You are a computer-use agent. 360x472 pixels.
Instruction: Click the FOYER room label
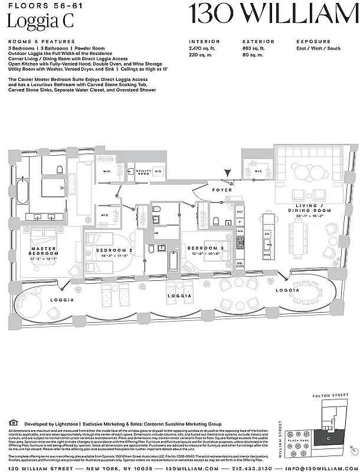[222, 190]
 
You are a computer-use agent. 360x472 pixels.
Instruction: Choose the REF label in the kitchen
[240, 211]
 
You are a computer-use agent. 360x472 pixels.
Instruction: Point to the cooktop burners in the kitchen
[240, 242]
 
